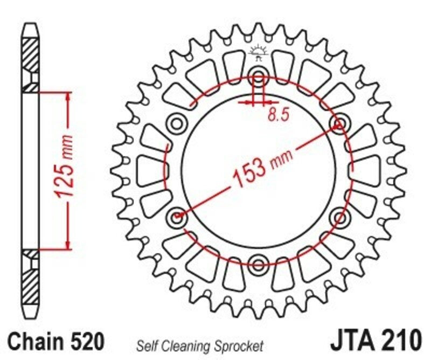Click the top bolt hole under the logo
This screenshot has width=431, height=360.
pyautogui.click(x=258, y=76)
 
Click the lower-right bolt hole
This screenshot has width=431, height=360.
pyautogui.click(x=339, y=217)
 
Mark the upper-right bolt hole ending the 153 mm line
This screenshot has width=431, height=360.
pyautogui.click(x=339, y=124)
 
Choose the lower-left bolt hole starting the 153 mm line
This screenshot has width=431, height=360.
pyautogui.click(x=177, y=217)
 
